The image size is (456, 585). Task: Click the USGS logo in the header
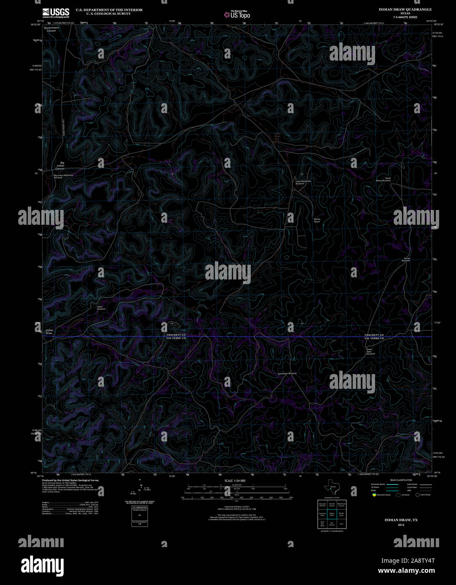(56, 12)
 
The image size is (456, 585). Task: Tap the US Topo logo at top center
(237, 14)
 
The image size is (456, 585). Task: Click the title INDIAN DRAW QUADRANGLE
(405, 9)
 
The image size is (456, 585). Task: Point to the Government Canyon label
(51, 29)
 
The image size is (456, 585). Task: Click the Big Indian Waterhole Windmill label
(63, 176)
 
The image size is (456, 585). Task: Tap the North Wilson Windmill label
(384, 179)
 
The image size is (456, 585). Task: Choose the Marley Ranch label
(317, 220)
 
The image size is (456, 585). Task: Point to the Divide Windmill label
(406, 259)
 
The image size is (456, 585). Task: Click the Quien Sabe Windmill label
(370, 351)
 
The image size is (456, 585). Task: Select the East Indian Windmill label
(287, 374)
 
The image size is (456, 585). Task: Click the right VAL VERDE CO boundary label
(374, 338)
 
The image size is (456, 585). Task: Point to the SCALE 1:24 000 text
(235, 481)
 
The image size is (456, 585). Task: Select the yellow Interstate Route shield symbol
(373, 495)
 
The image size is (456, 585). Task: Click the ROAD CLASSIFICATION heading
(401, 480)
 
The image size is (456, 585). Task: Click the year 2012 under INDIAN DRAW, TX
(401, 525)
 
